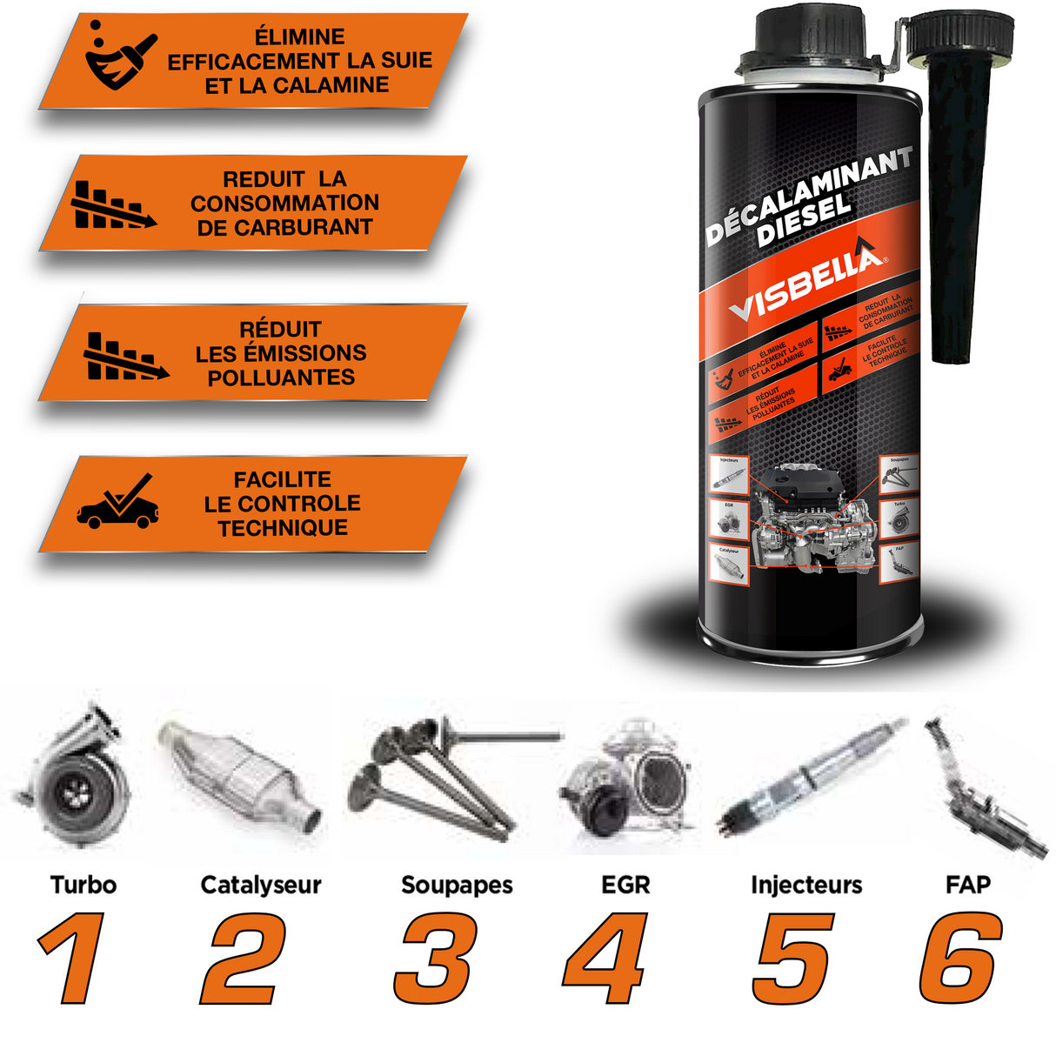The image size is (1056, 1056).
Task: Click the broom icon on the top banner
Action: [120, 57]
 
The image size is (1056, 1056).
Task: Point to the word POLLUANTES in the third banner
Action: [281, 378]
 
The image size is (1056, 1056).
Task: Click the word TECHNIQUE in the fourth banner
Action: [283, 528]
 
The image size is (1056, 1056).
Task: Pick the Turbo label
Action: [84, 886]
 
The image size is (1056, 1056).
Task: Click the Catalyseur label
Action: [261, 886]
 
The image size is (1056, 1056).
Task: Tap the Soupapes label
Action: [457, 886]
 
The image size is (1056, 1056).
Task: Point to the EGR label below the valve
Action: [625, 886]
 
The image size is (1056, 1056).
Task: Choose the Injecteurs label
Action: [806, 886]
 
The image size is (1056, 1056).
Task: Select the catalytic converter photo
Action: [239, 774]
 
